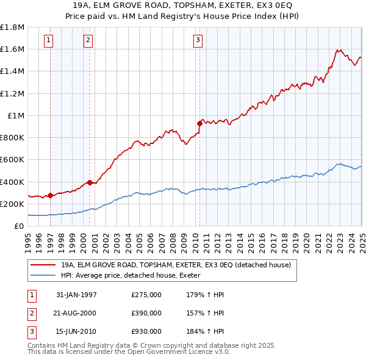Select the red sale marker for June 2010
pyautogui.click(x=199, y=123)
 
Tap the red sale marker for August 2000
pyautogui.click(x=90, y=182)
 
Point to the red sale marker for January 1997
pyautogui.click(x=50, y=195)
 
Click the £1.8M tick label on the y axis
pyautogui.click(x=13, y=27)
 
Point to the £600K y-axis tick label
pyautogui.click(x=13, y=160)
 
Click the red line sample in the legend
pyautogui.click(x=44, y=265)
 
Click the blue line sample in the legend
pyautogui.click(x=44, y=276)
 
